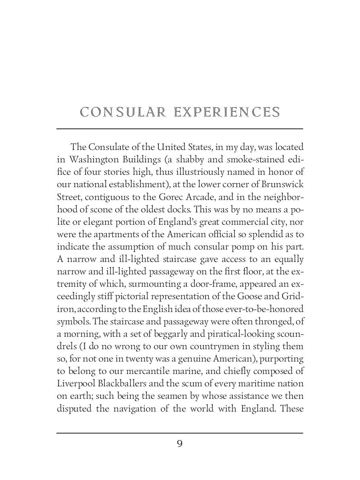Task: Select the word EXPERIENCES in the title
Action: click(227, 112)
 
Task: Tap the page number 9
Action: click(180, 444)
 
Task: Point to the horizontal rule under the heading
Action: click(180, 129)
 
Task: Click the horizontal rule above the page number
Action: click(180, 433)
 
